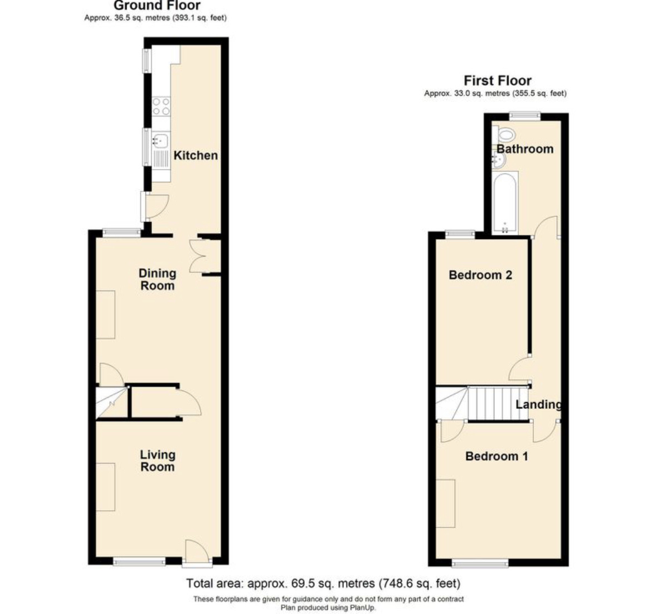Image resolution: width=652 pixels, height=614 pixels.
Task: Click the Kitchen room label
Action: coord(196,156)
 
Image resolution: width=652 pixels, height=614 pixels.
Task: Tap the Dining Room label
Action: coord(157,279)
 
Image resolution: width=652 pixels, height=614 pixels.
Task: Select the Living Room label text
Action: coord(157,461)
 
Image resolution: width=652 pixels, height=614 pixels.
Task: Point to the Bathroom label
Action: coord(525,149)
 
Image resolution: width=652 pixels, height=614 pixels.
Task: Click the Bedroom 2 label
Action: coord(480,275)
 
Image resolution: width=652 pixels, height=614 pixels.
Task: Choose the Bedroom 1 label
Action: coord(497,456)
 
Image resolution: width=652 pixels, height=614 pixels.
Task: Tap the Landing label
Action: coord(538,404)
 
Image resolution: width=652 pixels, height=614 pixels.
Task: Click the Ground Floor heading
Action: coord(157,6)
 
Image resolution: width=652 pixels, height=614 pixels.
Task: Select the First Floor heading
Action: coord(497,80)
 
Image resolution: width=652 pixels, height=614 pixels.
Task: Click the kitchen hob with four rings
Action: coord(161,105)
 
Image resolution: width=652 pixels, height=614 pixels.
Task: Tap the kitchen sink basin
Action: coord(160,140)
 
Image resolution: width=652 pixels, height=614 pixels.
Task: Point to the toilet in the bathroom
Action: coord(504,134)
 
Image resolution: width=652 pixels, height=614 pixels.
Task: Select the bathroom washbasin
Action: coord(498,160)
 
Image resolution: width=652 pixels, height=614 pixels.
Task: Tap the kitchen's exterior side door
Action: coord(154,206)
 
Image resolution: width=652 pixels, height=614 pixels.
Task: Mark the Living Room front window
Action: coord(139,563)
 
